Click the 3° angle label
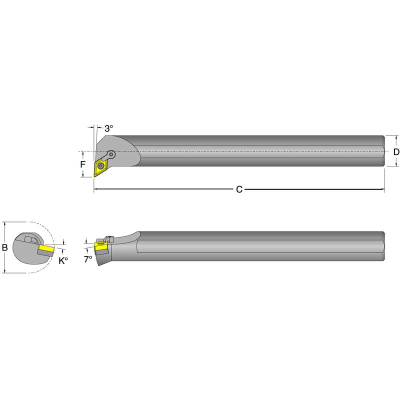click(x=109, y=128)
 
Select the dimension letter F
click(x=83, y=163)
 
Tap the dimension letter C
click(x=239, y=189)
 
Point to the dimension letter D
click(x=396, y=151)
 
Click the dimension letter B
click(x=5, y=247)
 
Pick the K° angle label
click(x=62, y=260)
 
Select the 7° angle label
click(x=88, y=259)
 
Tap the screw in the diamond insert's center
click(x=102, y=164)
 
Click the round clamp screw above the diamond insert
click(x=111, y=154)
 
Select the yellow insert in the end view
click(x=46, y=248)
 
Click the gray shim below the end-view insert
click(x=44, y=253)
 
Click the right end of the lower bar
click(x=383, y=246)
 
